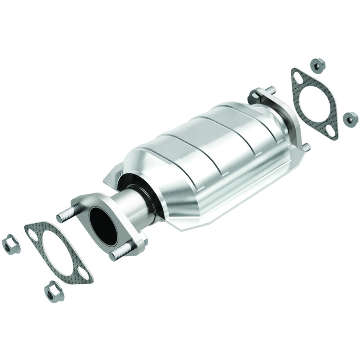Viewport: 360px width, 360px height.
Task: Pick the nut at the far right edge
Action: (x=350, y=118)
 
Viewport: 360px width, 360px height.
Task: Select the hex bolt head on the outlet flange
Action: (x=255, y=96)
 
